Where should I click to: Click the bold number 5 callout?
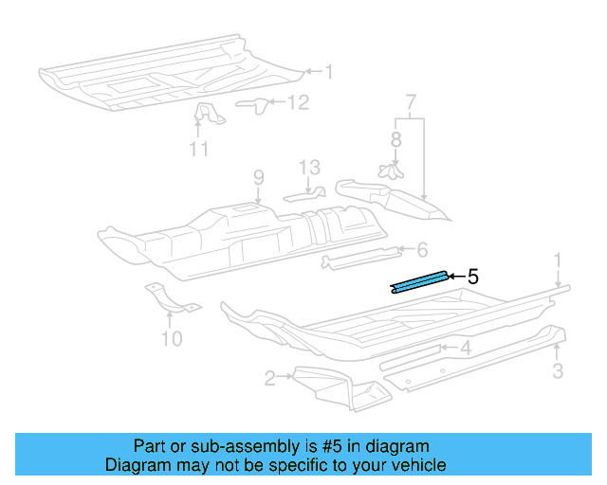[472, 277]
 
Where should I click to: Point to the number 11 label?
[198, 149]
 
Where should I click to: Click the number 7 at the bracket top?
[410, 101]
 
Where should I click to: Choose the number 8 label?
[395, 139]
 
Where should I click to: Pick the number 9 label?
[257, 175]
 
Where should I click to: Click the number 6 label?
[422, 249]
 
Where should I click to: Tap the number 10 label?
[172, 337]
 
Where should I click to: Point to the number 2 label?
[270, 379]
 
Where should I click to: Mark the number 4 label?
[466, 348]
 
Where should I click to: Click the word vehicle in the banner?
[419, 465]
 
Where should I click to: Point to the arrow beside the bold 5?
[455, 277]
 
